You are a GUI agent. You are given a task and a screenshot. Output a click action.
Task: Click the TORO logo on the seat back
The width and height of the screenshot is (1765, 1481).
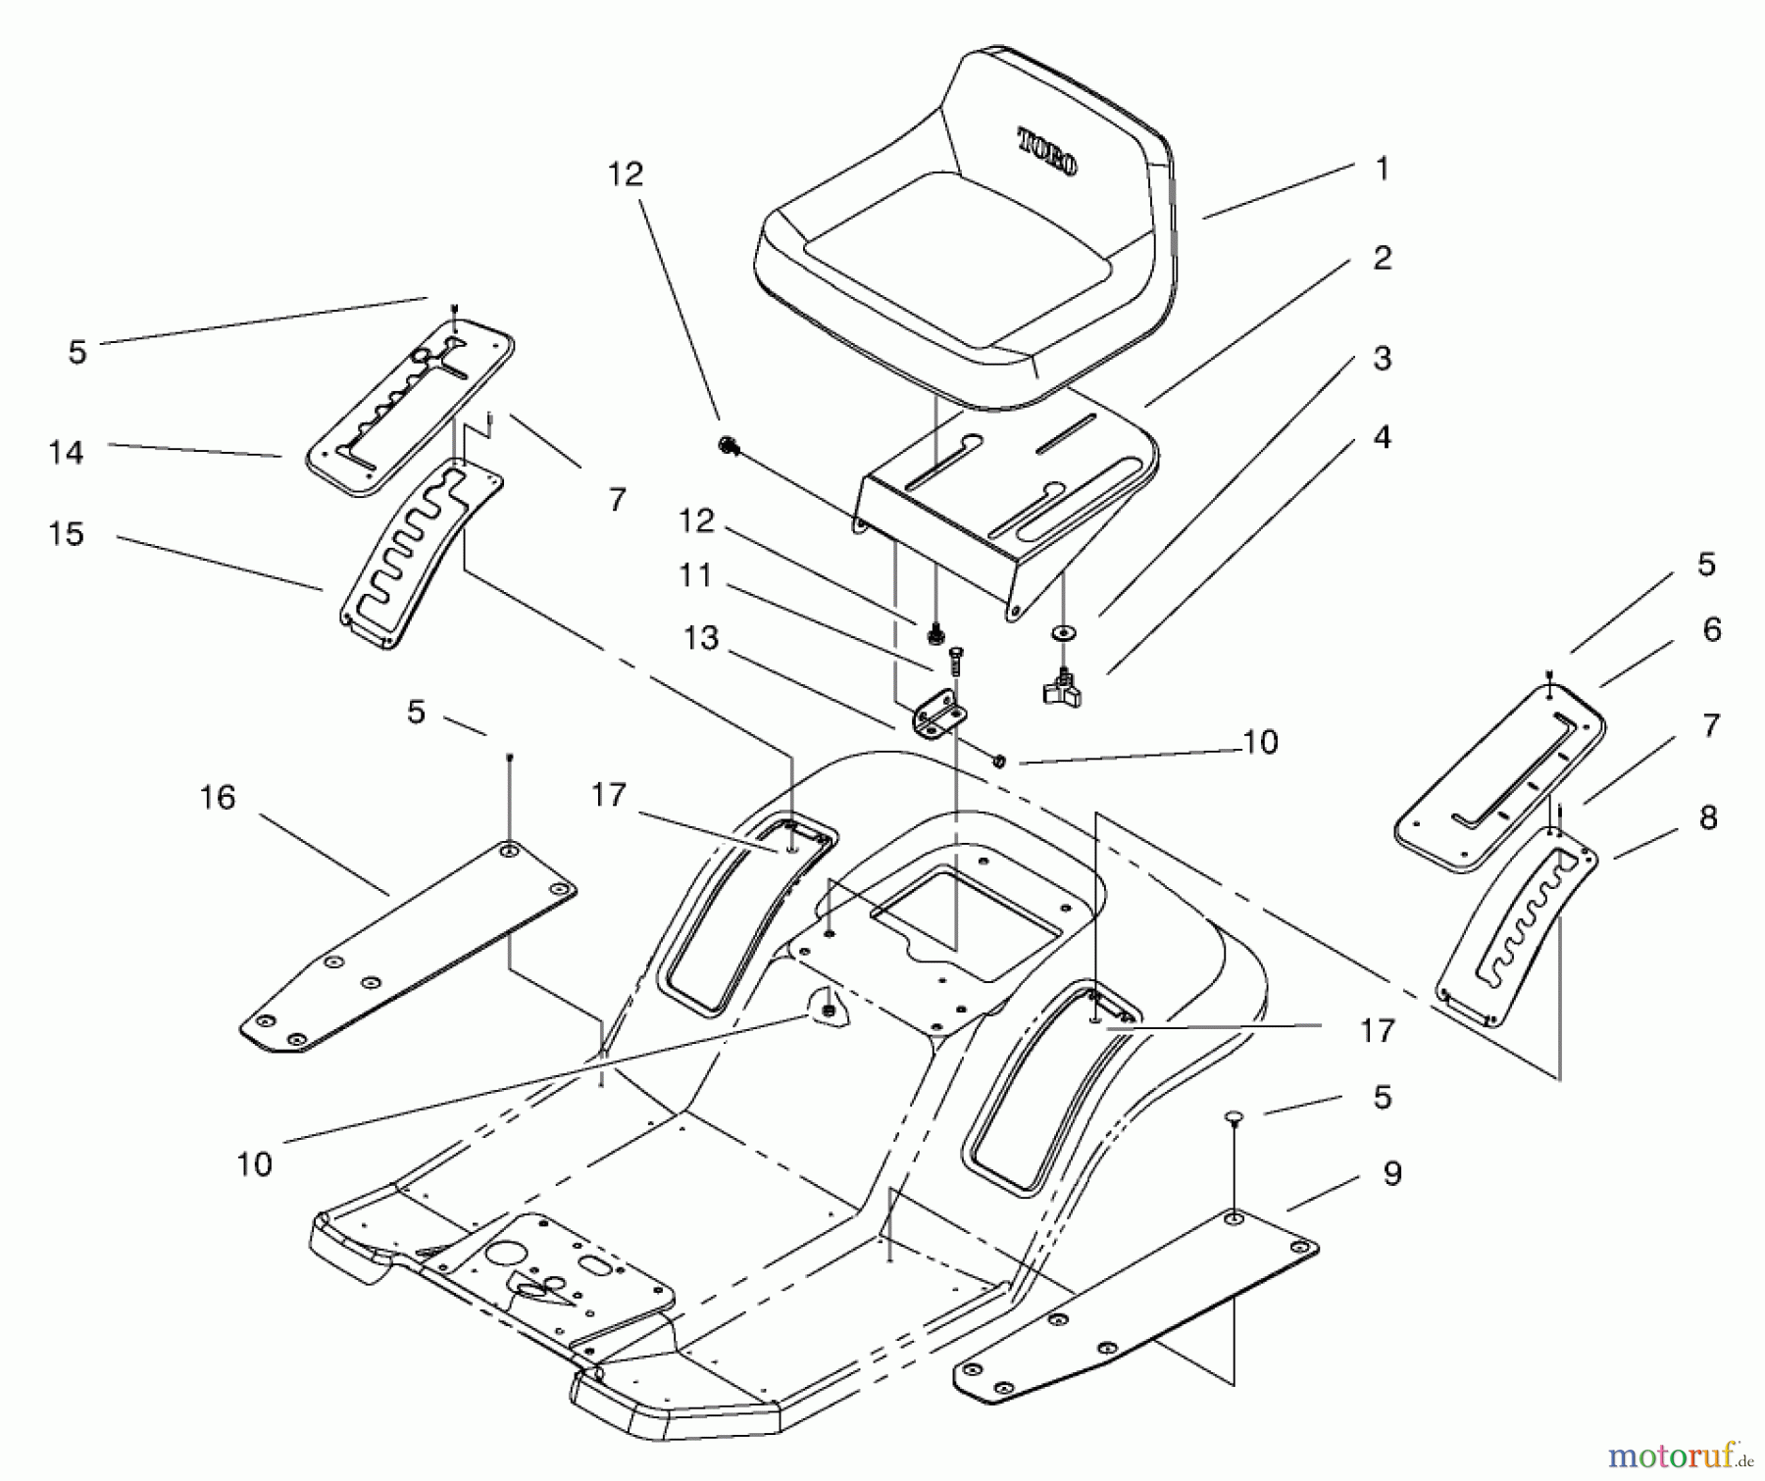click(1047, 152)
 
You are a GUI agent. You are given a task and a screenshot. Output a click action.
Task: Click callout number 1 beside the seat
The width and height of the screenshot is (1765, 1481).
click(1383, 169)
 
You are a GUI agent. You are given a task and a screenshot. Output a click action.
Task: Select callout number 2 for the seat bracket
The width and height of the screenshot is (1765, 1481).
click(1383, 258)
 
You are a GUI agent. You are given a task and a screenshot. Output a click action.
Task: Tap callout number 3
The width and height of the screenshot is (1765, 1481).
click(1383, 358)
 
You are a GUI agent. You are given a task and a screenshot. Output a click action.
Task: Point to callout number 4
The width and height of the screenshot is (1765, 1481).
click(1383, 437)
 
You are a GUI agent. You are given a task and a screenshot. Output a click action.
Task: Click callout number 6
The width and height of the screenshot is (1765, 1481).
click(1712, 629)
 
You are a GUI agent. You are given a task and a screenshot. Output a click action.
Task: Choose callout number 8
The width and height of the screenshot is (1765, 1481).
click(1708, 817)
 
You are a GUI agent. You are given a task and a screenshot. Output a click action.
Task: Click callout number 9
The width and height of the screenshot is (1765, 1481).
click(1392, 1173)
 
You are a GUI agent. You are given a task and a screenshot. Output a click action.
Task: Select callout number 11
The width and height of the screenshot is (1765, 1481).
click(695, 575)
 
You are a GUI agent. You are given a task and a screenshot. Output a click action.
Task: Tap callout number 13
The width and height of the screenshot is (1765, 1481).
click(701, 638)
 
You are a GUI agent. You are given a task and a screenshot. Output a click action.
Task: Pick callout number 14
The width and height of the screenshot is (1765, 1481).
click(66, 452)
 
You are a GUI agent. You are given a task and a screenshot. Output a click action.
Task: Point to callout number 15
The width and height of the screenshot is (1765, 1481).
click(66, 534)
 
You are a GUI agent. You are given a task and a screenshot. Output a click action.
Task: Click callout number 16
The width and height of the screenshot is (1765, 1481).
click(218, 797)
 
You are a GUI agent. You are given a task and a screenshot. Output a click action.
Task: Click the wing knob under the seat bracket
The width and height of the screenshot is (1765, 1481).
click(1061, 689)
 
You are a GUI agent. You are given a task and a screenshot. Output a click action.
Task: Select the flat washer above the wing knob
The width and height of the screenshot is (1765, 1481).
click(1062, 632)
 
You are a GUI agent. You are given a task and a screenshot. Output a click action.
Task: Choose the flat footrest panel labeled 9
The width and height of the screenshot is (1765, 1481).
click(1137, 1304)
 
